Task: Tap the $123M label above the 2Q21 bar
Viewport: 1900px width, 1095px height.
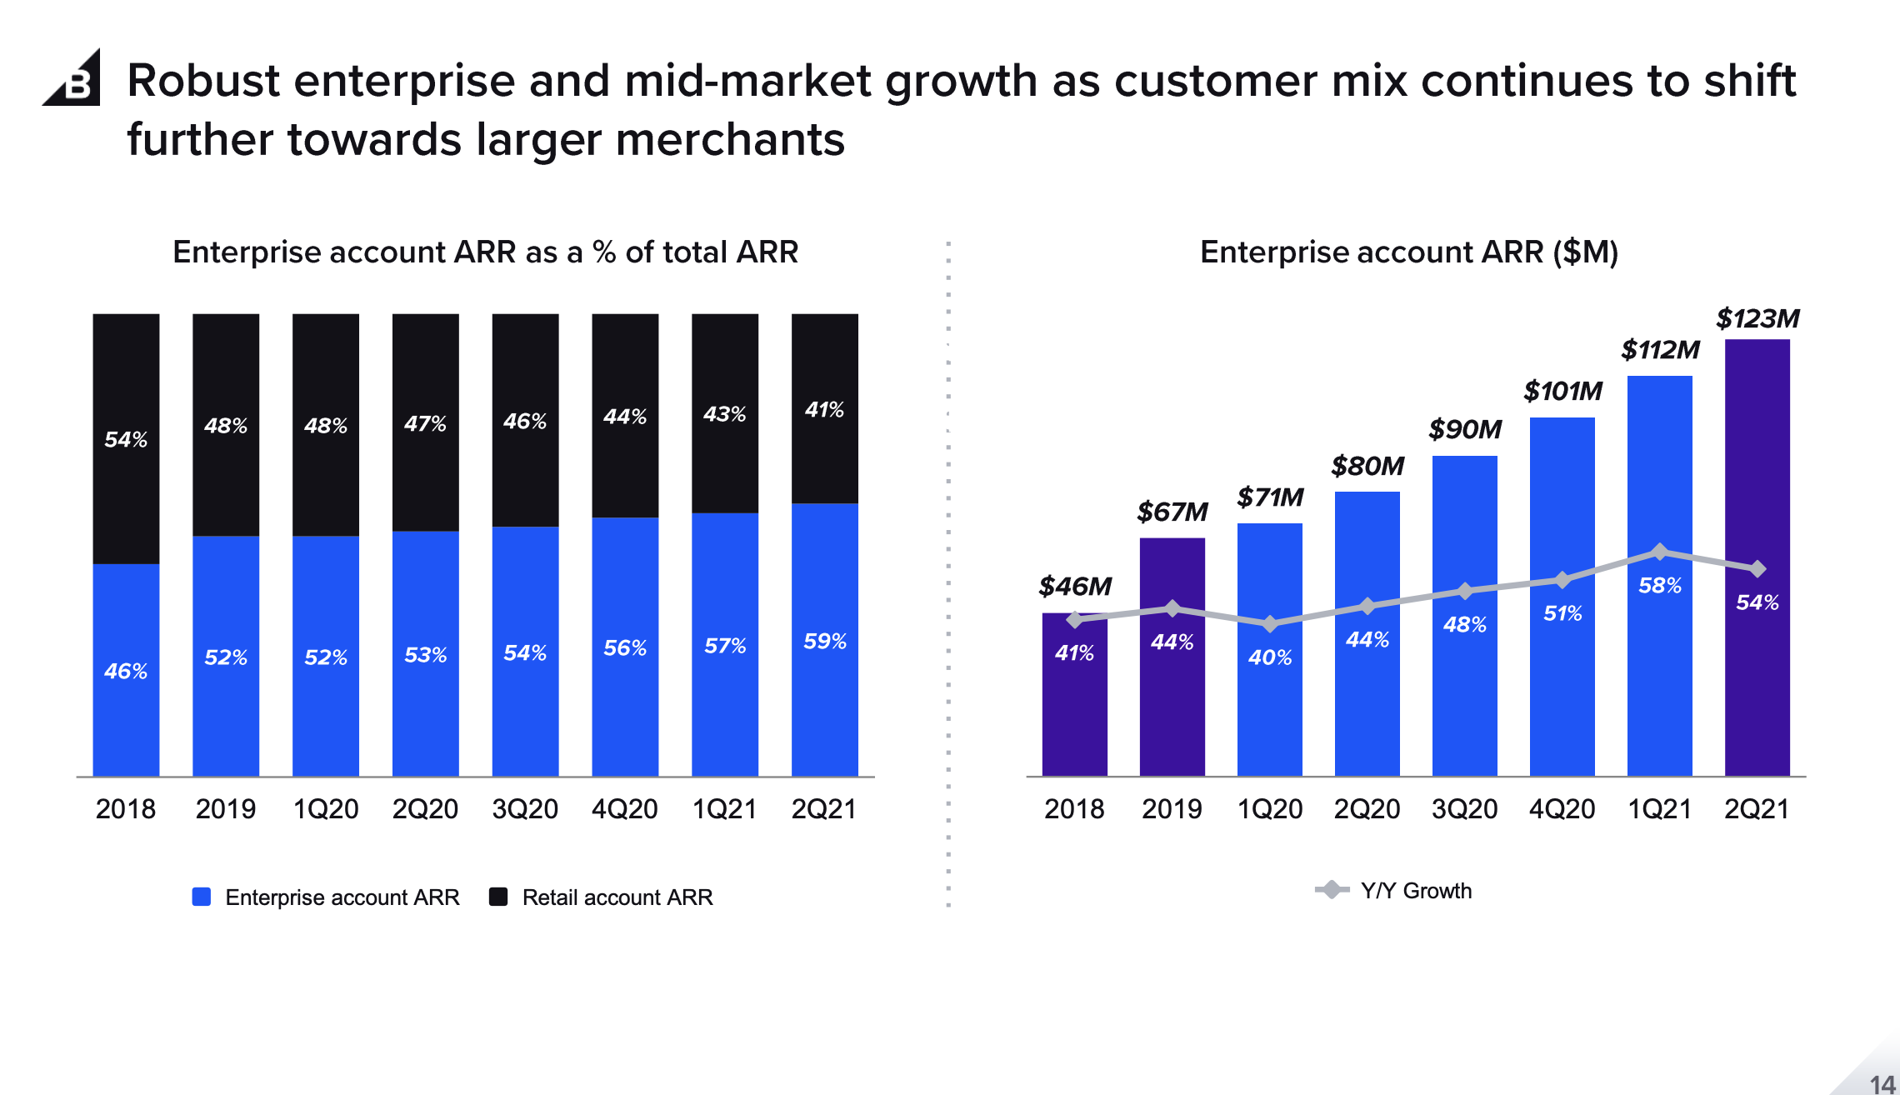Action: (1757, 318)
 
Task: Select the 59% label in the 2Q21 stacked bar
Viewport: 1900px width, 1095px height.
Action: (824, 641)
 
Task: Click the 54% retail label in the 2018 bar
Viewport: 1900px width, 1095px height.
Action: (126, 439)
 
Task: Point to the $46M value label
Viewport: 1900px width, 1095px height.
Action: (1074, 586)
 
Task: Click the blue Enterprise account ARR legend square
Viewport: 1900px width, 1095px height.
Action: (201, 897)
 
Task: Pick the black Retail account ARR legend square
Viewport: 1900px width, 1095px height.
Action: (498, 897)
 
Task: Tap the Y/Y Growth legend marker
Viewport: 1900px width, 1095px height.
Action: (1332, 890)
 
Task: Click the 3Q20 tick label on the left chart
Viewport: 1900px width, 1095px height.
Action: (525, 808)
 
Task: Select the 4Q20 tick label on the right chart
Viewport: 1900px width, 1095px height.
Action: (1562, 808)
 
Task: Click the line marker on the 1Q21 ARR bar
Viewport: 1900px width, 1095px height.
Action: (1659, 552)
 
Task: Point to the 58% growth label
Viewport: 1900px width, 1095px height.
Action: (1659, 585)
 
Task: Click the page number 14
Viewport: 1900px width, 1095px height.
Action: (1882, 1083)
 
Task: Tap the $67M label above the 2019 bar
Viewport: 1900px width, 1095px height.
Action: (1172, 512)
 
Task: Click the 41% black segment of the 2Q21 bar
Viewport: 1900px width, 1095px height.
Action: (824, 409)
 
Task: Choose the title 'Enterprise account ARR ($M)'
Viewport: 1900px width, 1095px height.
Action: (1408, 252)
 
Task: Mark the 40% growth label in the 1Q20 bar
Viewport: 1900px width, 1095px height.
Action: (1269, 657)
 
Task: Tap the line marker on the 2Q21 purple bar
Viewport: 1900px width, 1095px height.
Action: (1757, 568)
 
